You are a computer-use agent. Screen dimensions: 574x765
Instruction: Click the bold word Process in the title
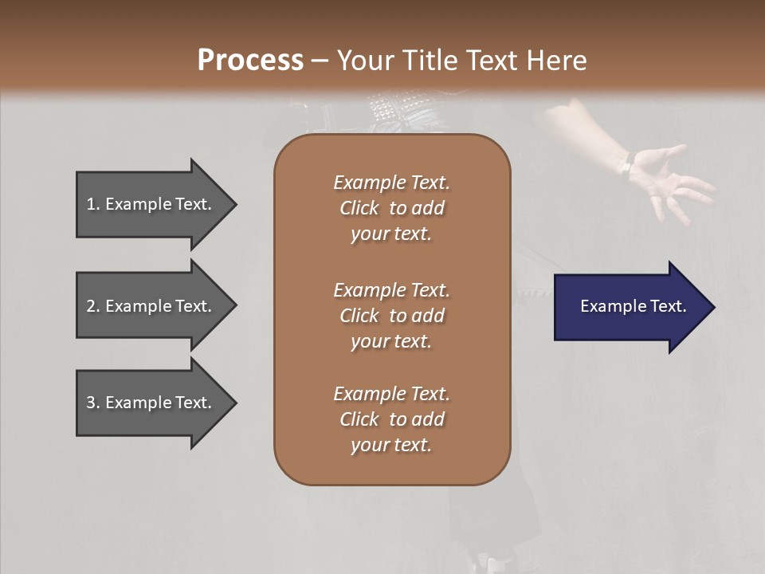tap(250, 60)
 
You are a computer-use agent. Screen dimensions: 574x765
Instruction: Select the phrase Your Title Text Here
tap(462, 60)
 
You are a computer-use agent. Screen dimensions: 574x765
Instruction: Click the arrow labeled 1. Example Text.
tap(151, 205)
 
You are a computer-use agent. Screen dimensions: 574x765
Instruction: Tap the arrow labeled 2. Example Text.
tap(151, 306)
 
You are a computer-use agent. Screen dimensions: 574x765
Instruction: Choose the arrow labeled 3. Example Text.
tap(151, 403)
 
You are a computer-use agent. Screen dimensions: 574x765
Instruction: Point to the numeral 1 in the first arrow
tap(91, 205)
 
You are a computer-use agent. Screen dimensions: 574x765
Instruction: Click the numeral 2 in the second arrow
tap(91, 306)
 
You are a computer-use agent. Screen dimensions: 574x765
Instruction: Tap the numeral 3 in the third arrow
tap(91, 403)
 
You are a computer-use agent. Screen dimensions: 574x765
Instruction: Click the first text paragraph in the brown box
tap(391, 208)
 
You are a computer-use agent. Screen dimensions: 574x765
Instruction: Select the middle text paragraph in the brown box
tap(391, 316)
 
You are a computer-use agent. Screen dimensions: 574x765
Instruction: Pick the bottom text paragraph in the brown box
tap(391, 419)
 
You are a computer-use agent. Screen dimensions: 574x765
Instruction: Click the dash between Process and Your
tap(320, 61)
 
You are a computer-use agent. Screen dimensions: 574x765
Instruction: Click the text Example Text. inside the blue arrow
tap(633, 306)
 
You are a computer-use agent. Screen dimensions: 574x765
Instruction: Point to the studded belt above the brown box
tap(394, 108)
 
